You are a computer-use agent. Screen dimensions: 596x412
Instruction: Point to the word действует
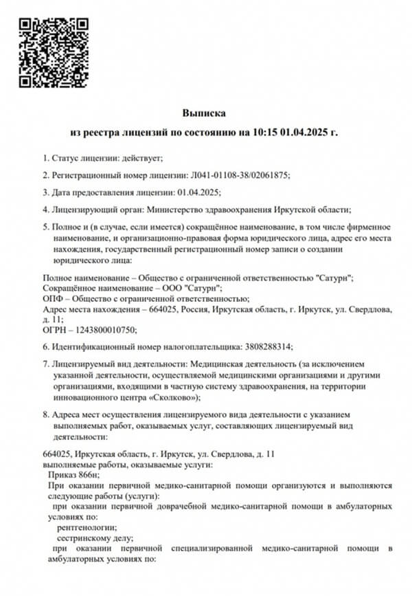(x=141, y=157)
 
